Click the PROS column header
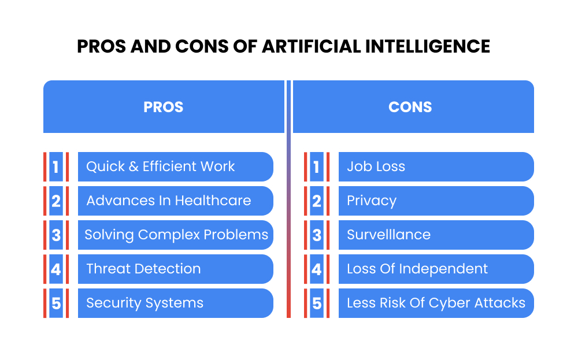coord(164,107)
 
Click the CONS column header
coord(410,107)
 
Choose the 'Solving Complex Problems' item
coord(176,235)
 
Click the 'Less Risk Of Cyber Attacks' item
coord(436,303)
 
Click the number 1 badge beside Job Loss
coord(317,166)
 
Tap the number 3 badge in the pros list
coord(56,235)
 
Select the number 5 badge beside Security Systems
coord(56,303)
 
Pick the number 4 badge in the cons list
coord(317,269)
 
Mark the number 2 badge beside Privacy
coord(317,201)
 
